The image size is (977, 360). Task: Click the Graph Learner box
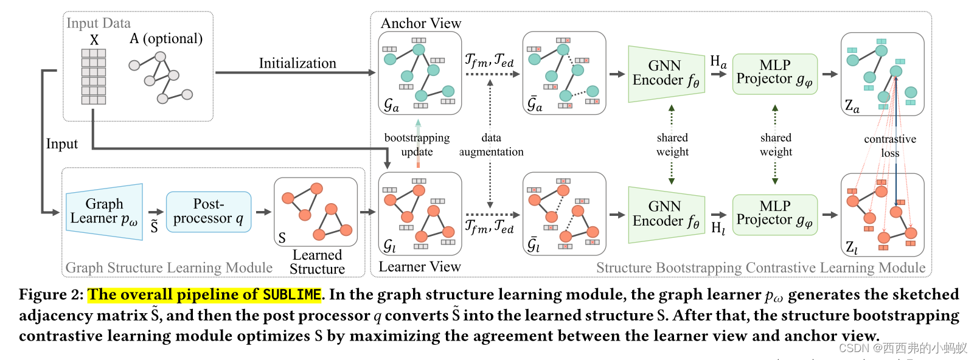104,212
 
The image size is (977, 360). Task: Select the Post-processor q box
208,212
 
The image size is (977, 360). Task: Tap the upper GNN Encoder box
666,74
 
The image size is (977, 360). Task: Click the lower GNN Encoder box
666,215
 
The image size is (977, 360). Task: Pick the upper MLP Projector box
774,74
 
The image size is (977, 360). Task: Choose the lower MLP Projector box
774,215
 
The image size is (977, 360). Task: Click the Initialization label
297,63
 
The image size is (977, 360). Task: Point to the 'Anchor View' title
421,23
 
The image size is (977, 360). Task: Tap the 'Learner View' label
420,266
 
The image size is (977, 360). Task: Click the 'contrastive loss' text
890,146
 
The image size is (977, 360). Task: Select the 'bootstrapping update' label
417,145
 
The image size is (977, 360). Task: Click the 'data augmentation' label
491,145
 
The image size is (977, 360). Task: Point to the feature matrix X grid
94,77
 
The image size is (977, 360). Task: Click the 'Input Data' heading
99,23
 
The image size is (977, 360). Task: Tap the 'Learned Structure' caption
317,262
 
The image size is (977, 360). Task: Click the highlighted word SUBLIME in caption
291,295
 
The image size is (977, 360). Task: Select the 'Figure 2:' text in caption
51,295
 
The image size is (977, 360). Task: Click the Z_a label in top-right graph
852,106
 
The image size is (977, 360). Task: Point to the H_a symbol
718,61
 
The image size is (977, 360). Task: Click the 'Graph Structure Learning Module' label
169,268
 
